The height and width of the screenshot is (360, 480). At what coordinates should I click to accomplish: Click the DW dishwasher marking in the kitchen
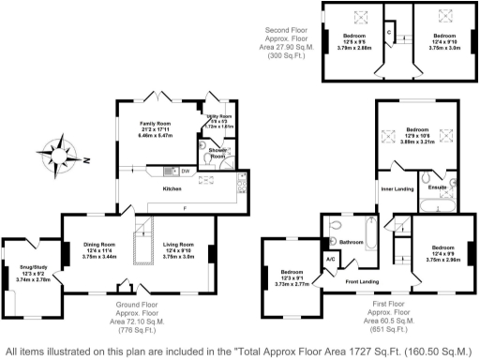[x=186, y=171]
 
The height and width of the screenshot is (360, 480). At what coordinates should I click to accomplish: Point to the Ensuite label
[x=437, y=187]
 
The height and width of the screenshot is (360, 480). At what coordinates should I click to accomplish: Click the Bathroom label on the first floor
[x=352, y=242]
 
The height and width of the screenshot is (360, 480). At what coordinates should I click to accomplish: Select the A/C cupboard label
[x=330, y=258]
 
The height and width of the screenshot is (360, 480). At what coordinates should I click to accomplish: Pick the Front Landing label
[x=362, y=280]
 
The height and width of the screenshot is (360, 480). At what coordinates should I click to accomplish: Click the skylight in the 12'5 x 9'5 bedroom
[x=357, y=17]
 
